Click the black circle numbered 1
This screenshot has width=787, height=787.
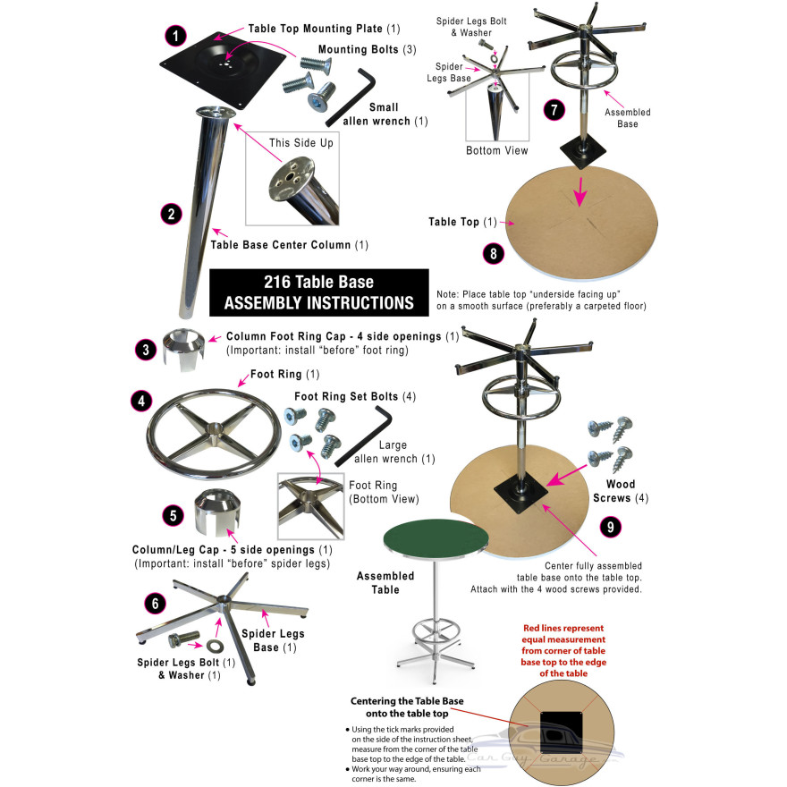175,36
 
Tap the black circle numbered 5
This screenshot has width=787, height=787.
173,515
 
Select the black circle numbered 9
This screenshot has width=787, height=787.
610,527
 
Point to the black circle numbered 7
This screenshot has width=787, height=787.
554,109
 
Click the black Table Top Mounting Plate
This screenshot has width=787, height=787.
223,69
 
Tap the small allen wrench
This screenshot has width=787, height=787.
351,97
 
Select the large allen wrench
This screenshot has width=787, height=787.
364,436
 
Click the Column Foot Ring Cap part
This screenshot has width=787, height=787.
183,349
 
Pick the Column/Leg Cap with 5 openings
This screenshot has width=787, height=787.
217,512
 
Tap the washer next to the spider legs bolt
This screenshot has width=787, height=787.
212,645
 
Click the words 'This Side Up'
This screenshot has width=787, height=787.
301,143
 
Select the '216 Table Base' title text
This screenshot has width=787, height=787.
318,282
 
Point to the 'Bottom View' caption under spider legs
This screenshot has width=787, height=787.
497,150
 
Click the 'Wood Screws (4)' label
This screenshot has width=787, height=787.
621,491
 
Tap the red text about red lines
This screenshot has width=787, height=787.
563,650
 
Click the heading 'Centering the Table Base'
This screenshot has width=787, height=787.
407,700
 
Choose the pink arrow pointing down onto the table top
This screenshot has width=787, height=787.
580,191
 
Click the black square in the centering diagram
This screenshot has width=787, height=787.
561,732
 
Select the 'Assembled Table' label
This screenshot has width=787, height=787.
385,583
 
